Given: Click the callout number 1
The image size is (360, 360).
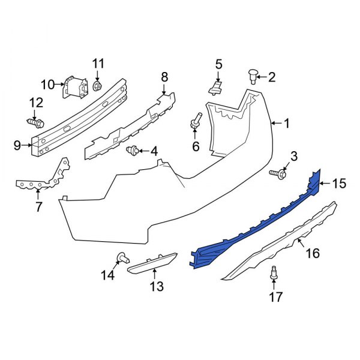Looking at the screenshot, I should (286, 124).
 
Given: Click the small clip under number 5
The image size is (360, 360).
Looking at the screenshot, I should (215, 89).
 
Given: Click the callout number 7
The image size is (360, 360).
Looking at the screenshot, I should (39, 208).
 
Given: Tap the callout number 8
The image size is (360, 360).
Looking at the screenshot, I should (164, 76).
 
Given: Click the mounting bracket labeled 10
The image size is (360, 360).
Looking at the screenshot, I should (75, 88).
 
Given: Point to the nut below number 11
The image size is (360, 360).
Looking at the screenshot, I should (98, 88).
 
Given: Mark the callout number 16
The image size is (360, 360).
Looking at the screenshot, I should (313, 254).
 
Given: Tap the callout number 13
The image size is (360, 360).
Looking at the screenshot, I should (156, 287).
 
